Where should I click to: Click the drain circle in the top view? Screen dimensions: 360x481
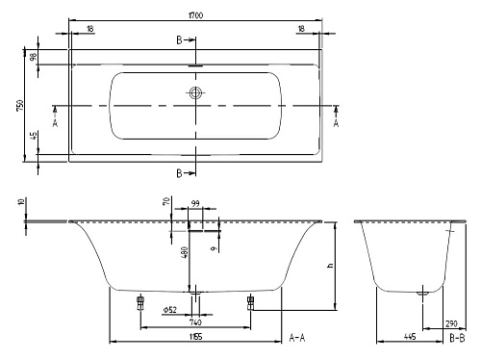195,93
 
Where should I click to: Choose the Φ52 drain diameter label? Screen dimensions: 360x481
169,310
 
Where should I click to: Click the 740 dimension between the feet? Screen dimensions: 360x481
195,321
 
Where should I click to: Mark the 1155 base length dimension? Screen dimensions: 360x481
195,336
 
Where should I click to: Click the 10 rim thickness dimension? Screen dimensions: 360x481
20,204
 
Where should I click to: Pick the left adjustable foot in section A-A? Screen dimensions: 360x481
140,302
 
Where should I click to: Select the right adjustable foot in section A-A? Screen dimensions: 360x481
251,302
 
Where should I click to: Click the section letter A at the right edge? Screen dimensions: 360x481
336,123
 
